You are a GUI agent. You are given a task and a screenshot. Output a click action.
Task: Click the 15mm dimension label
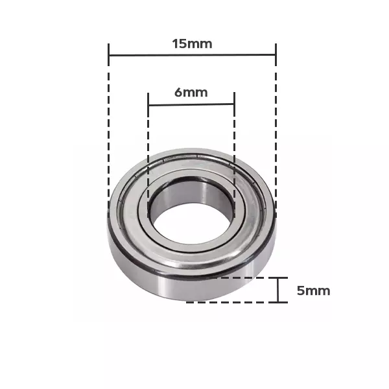[x=192, y=44]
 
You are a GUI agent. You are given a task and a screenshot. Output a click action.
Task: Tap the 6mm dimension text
[x=191, y=92]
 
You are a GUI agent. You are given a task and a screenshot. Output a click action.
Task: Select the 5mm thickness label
[x=313, y=290]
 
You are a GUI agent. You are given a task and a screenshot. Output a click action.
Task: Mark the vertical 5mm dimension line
[x=278, y=290]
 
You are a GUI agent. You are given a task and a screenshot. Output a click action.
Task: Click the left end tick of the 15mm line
[x=109, y=54]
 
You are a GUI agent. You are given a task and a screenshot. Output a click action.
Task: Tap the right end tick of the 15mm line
[x=276, y=54]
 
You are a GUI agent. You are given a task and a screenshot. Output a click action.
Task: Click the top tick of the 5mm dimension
[x=278, y=277]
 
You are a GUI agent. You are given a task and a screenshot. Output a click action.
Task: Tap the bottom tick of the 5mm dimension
[x=278, y=302]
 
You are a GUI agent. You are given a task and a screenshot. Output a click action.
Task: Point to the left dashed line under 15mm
[x=109, y=130]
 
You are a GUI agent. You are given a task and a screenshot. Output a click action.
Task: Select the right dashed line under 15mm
[x=276, y=130]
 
